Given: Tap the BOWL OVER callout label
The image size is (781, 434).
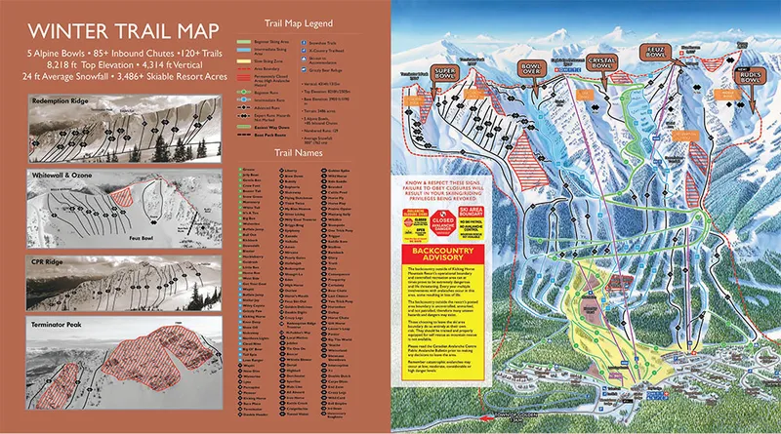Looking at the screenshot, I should click(531, 69).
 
